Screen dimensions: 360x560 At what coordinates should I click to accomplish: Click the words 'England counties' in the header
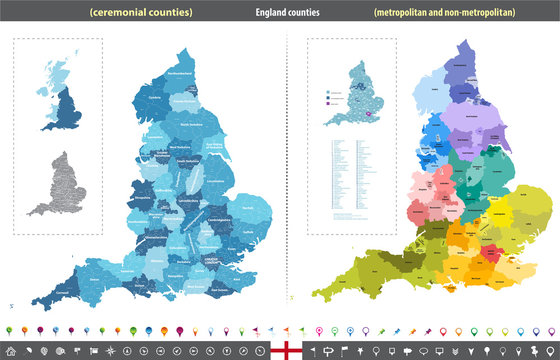coord(280,13)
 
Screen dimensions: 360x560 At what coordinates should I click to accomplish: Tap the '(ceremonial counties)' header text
coord(140,13)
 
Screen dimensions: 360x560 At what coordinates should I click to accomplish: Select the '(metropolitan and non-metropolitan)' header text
coord(438,13)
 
